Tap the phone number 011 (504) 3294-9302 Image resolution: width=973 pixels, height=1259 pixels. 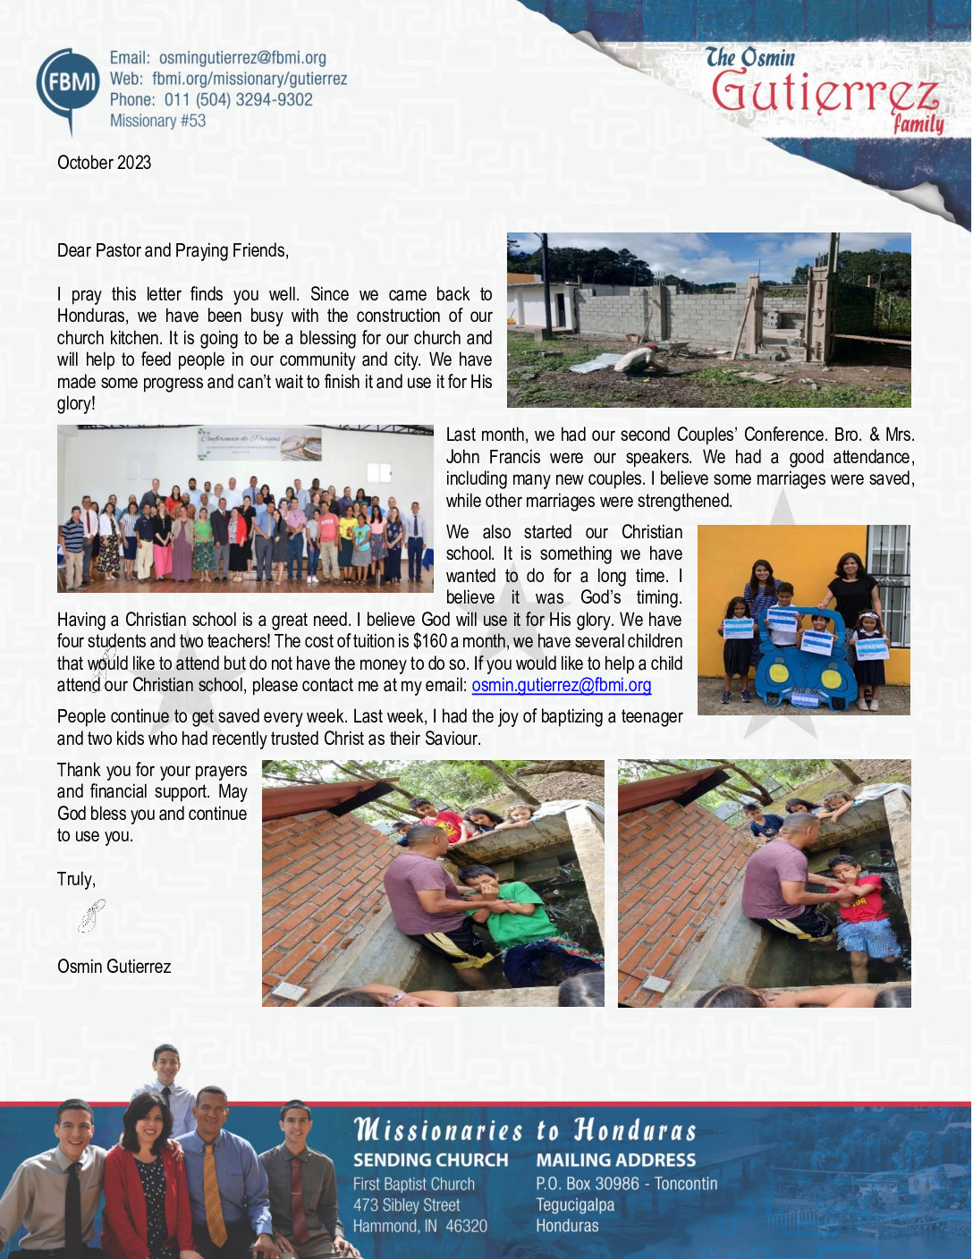pyautogui.click(x=238, y=100)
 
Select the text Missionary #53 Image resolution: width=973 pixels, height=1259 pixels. pyautogui.click(x=157, y=121)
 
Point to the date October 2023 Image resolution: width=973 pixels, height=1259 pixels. pyautogui.click(x=104, y=163)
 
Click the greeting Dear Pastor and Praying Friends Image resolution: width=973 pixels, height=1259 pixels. pyautogui.click(x=173, y=250)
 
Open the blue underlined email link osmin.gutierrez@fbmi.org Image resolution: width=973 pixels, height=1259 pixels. pyautogui.click(x=561, y=686)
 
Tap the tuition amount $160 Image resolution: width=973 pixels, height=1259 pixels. pyautogui.click(x=429, y=642)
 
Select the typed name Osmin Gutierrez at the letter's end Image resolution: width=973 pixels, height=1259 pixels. pyautogui.click(x=114, y=967)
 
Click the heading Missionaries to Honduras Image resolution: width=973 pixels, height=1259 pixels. pyautogui.click(x=525, y=1130)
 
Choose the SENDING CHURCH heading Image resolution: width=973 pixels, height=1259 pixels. pyautogui.click(x=430, y=1160)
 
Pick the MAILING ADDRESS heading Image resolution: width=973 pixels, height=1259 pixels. pyautogui.click(x=615, y=1160)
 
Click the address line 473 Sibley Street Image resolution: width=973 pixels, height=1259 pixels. pyautogui.click(x=406, y=1205)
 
